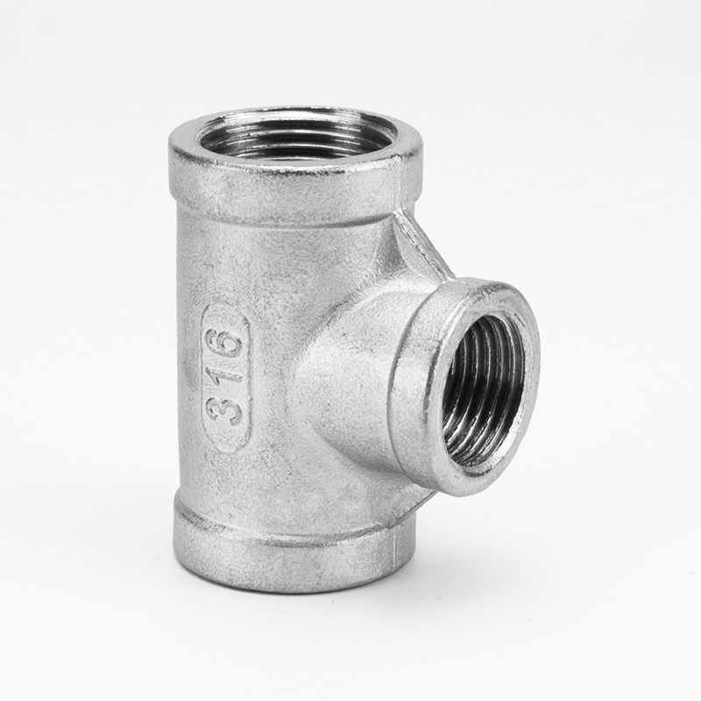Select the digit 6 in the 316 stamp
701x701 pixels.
click(228, 344)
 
